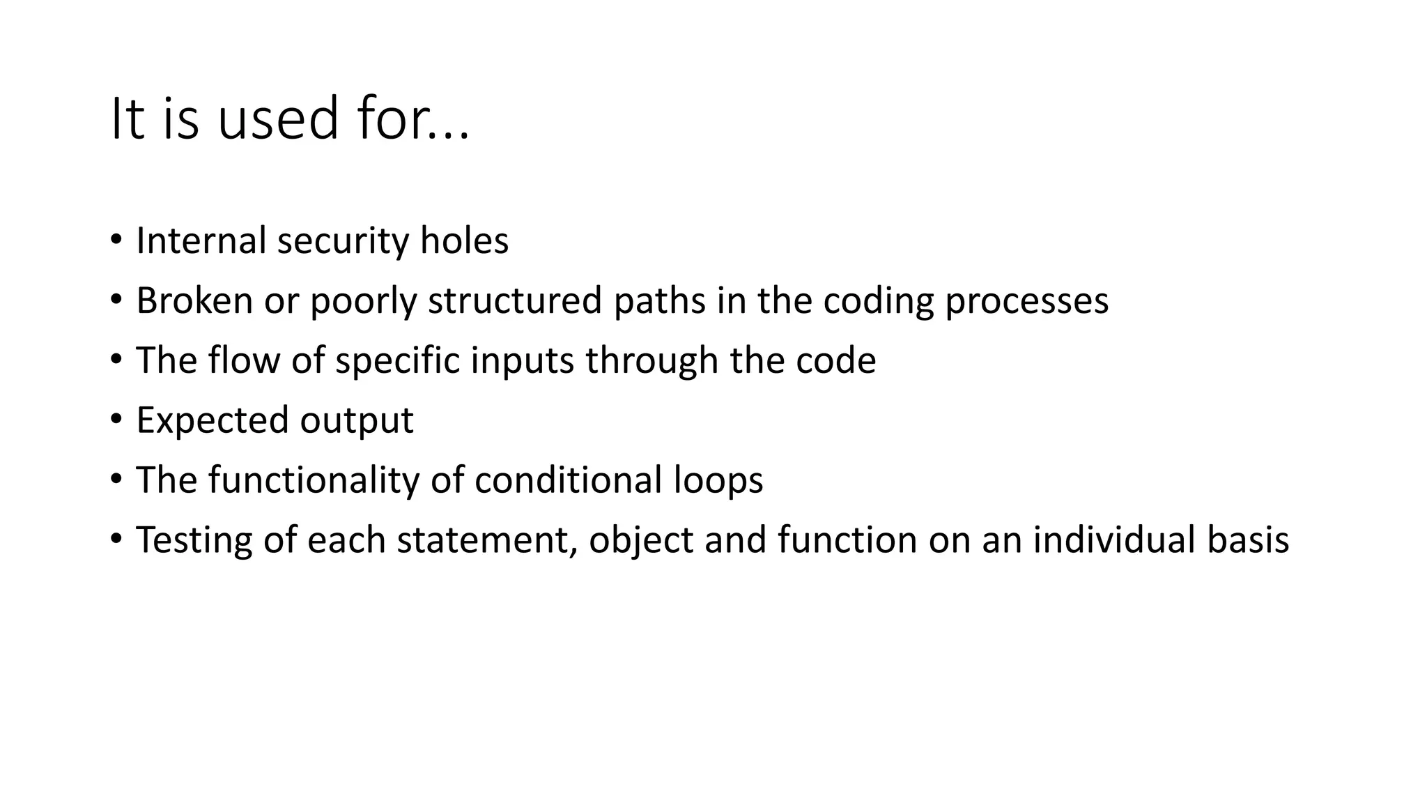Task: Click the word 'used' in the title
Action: point(278,119)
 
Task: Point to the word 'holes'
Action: point(464,241)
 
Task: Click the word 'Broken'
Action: point(194,301)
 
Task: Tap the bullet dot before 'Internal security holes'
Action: point(116,240)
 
